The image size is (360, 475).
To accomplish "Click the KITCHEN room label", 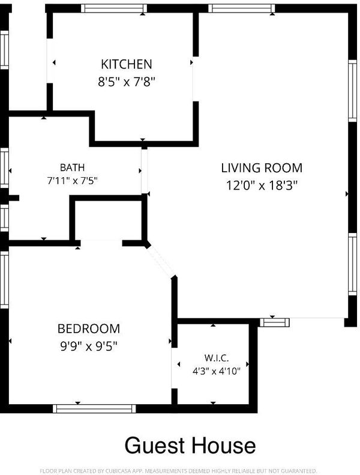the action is pos(126,64).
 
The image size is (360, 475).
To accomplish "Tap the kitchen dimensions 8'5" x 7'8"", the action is pos(126,82).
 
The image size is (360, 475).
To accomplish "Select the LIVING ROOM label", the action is pos(262,168).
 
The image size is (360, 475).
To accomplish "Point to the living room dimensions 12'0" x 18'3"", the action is pos(262,185).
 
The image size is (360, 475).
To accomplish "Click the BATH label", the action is pos(72,167).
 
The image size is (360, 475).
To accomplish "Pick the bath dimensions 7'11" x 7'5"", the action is pos(72,181).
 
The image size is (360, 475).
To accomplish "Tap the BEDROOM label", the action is pos(89,328).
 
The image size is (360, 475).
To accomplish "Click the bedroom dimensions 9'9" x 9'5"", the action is pos(89,346).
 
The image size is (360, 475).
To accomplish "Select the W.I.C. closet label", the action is pos(217,358).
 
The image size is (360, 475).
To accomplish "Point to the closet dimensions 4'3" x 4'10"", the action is pos(217,371).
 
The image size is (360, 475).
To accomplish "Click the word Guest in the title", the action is pos(155,446).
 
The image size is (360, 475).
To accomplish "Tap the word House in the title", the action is pos(223,446).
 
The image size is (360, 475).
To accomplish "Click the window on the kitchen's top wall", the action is pos(114,8).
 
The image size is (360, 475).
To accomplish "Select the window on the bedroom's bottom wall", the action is pos(94,409).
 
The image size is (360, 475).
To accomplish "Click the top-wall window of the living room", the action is pos(242,8).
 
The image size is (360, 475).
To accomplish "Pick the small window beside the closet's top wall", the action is pos(275,322).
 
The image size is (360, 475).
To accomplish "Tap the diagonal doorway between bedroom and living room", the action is pos(161,261).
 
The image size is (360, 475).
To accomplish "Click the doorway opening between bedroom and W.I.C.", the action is pos(174,368).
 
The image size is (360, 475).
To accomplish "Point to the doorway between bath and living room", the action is pos(145,171).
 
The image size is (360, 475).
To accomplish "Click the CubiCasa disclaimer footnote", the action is pos(179,470).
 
